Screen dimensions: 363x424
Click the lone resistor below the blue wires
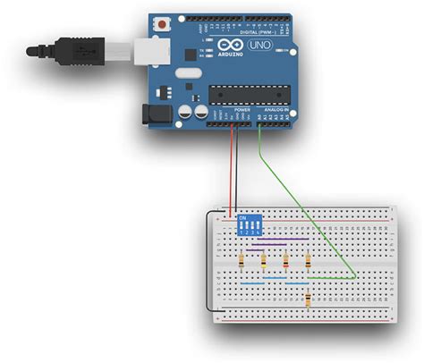tap(308, 299)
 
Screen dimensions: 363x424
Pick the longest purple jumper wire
tap(280, 239)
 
